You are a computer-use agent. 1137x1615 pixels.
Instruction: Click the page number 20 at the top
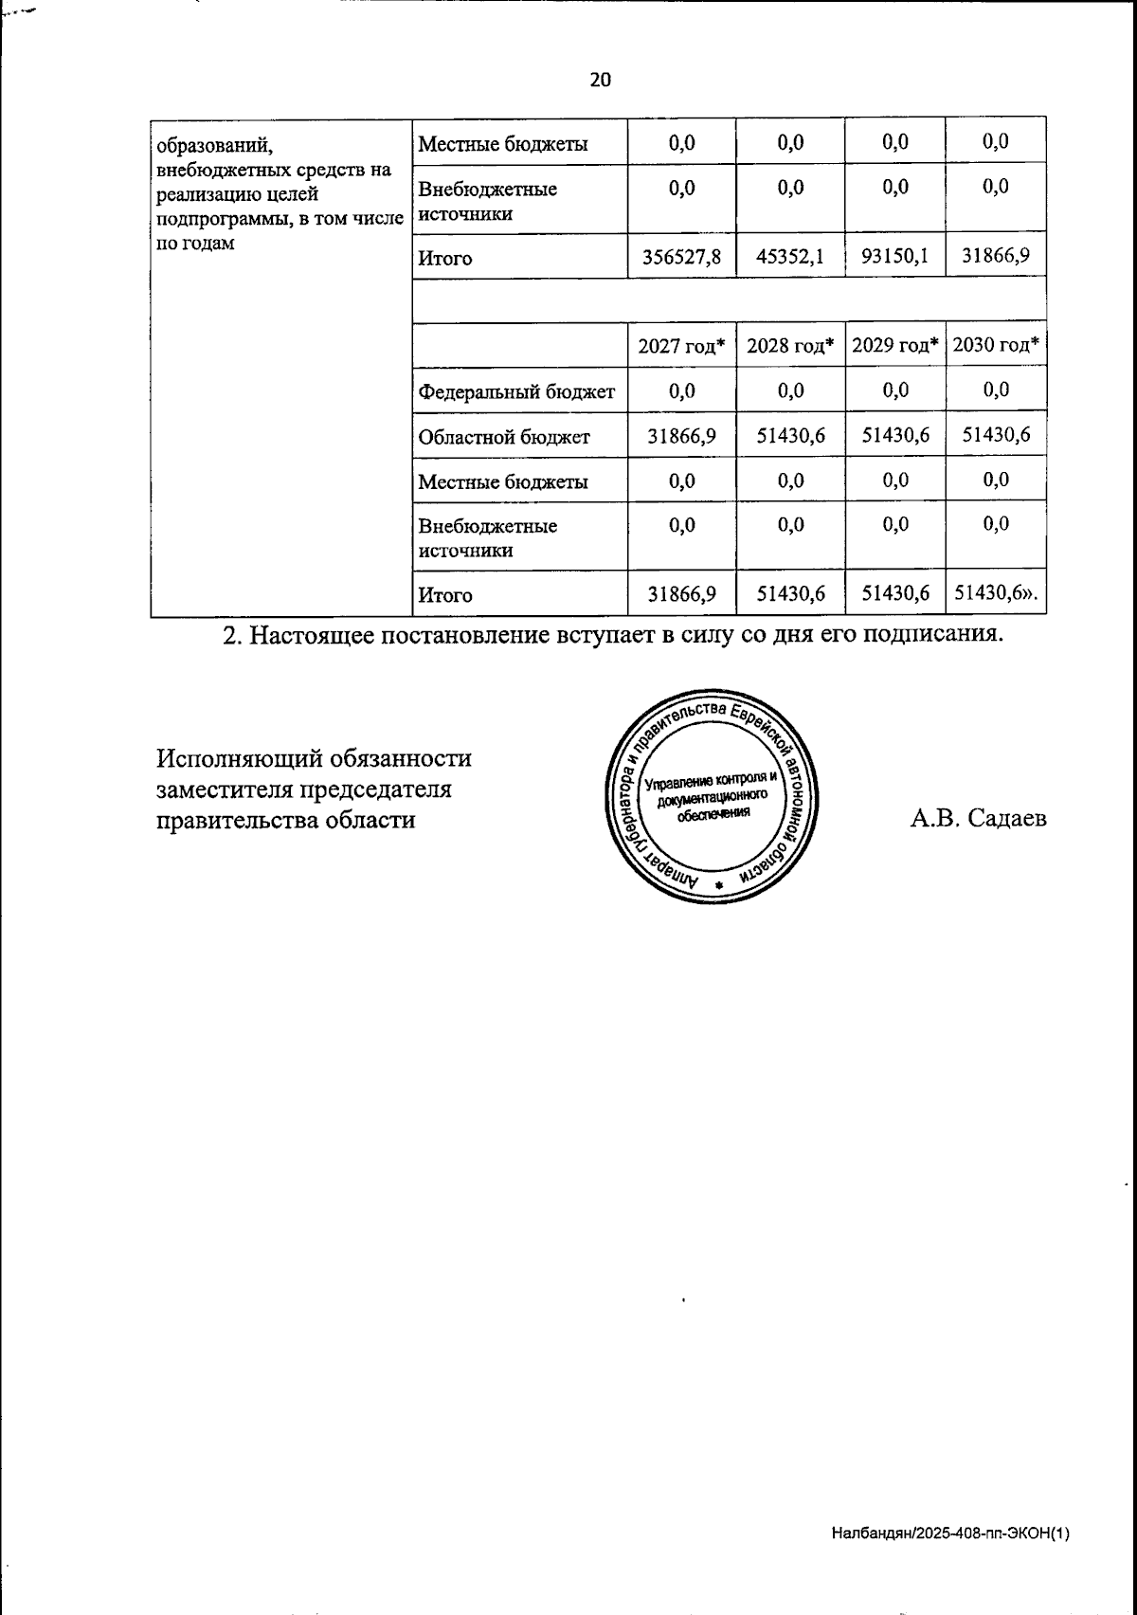pos(601,80)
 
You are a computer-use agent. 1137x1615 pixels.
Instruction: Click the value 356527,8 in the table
pos(681,257)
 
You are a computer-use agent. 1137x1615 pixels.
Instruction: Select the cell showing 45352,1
pos(790,257)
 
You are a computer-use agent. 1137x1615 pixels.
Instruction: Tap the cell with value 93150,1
pos(894,257)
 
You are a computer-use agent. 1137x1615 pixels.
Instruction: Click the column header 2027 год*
pos(681,346)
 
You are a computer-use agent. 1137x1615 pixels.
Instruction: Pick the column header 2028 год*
pos(790,346)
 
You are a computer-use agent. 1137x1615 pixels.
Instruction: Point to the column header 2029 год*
pos(894,346)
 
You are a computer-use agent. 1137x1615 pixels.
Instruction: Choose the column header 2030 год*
pos(996,346)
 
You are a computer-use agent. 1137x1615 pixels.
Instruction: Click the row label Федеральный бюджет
pos(516,391)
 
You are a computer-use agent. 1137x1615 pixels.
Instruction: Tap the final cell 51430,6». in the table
pos(996,593)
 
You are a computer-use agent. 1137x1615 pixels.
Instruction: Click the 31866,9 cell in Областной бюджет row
pos(681,435)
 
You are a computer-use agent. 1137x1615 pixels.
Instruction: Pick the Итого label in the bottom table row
pos(445,596)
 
